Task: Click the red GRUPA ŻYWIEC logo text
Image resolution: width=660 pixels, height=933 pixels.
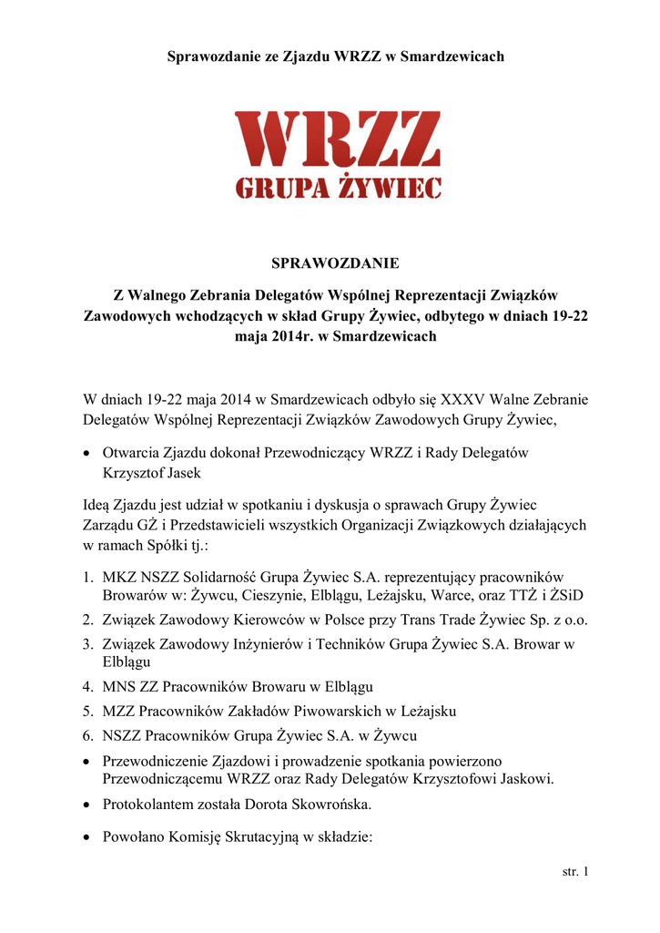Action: coord(338,188)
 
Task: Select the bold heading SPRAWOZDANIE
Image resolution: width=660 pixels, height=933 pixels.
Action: coord(335,264)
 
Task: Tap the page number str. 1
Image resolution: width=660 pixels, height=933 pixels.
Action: coord(575,873)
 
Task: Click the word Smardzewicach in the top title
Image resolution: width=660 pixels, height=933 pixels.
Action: coord(454,56)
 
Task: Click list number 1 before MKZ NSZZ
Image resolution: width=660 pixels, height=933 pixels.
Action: coord(87,578)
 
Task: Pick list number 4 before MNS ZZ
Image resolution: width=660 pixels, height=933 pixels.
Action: coord(87,686)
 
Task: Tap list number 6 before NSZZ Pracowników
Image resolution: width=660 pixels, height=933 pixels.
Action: coord(87,735)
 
